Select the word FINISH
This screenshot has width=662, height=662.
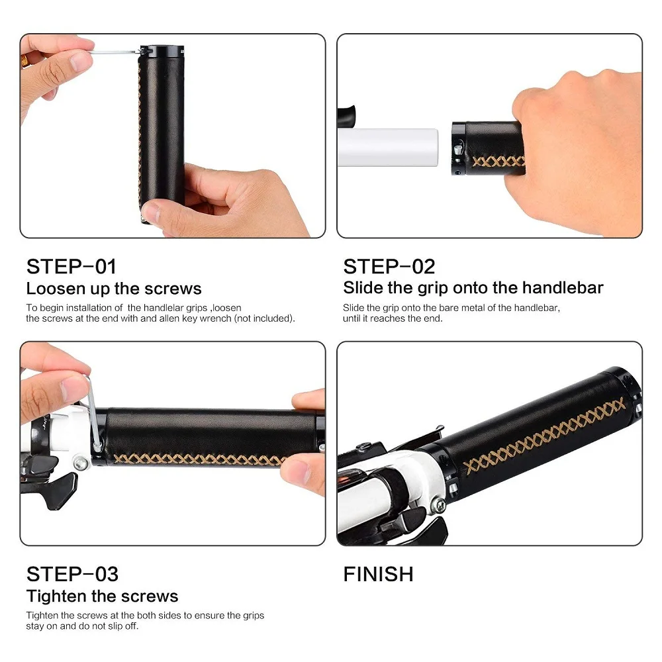point(378,573)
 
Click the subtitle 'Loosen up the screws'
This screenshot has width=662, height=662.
point(114,289)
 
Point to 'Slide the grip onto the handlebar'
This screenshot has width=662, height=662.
point(473,288)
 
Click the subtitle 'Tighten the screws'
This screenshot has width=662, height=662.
point(102,596)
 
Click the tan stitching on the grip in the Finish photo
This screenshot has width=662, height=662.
point(543,437)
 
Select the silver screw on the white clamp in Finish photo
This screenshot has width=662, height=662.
point(439,506)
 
